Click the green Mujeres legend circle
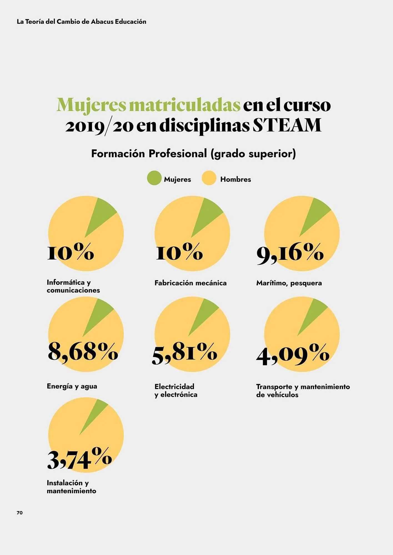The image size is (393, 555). pos(154,178)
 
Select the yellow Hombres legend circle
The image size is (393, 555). pos(209,178)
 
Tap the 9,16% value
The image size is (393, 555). pos(290,253)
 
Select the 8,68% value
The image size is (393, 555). pos(83,352)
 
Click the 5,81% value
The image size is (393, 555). pos(184,352)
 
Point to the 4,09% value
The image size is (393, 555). pos(292,354)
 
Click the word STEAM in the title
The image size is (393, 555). pos(287,125)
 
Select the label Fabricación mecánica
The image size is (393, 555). pos(191,283)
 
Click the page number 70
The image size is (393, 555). pos(20,513)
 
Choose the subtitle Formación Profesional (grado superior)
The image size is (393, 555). pos(193,154)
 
